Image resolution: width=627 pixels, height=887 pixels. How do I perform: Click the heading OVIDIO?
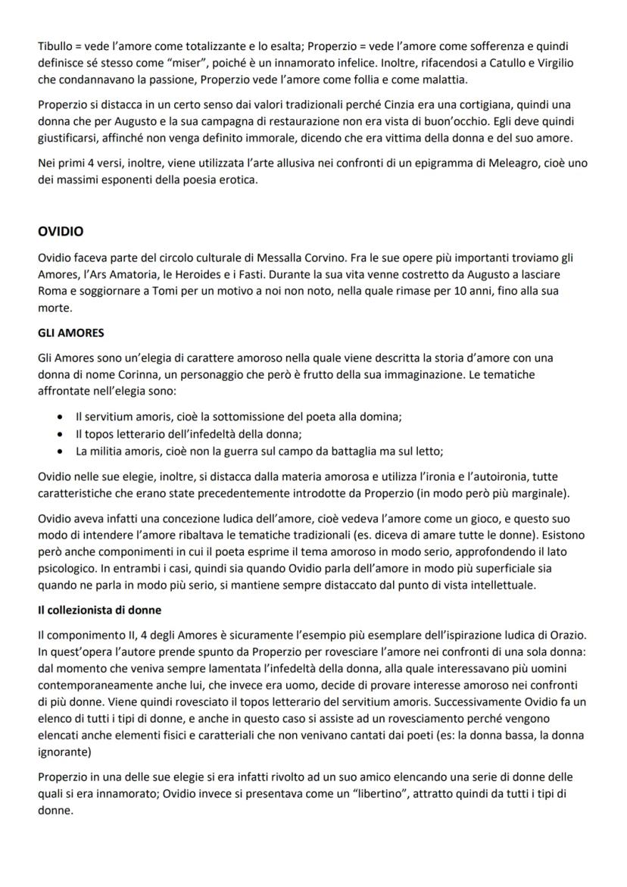pyautogui.click(x=61, y=231)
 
